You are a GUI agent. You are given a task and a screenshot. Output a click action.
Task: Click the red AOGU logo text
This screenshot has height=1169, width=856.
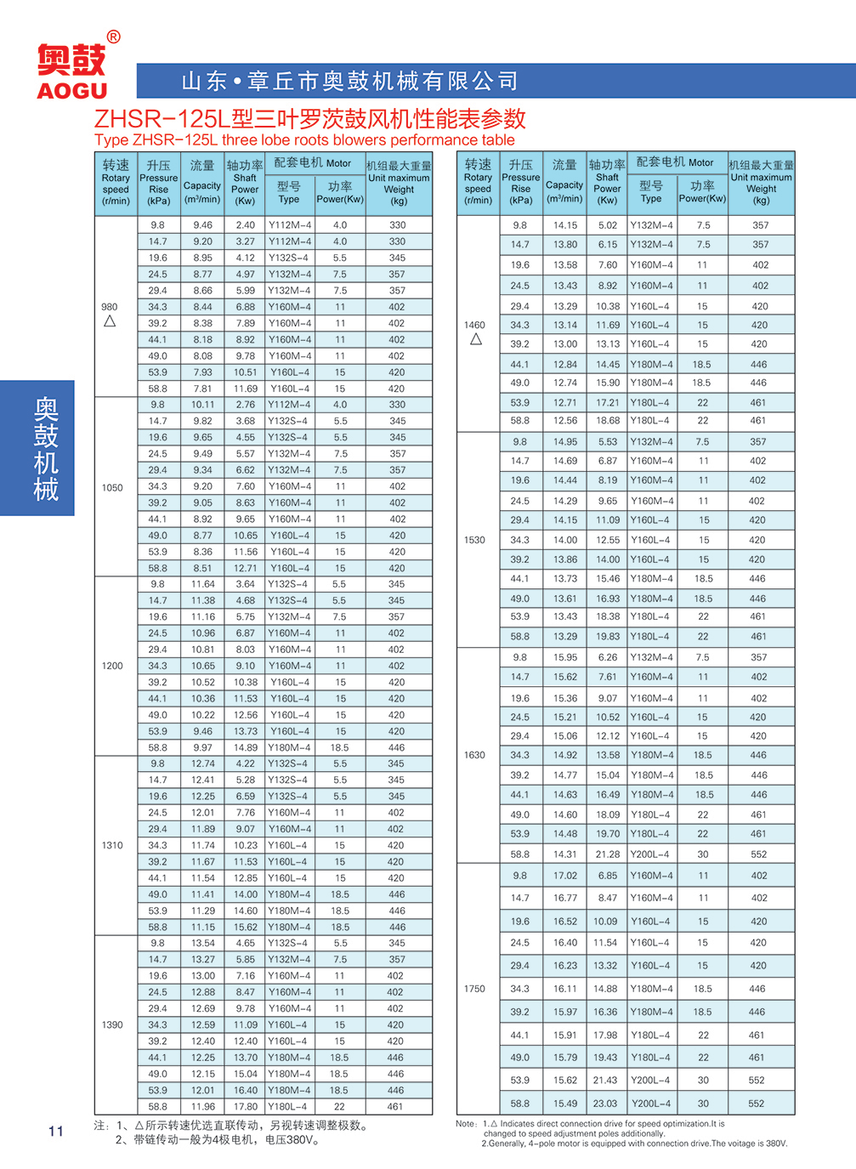[x=72, y=90]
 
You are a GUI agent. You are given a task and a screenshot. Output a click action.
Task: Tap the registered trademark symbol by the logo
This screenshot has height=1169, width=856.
[x=114, y=37]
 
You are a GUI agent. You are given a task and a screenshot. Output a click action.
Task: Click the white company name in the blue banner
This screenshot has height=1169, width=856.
[x=349, y=81]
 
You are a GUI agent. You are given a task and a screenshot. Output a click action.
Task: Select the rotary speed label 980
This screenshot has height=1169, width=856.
[x=110, y=307]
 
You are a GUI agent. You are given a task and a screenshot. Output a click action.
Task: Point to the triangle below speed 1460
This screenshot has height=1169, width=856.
[x=476, y=339]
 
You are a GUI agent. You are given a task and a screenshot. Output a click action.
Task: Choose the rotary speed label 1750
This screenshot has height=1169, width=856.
[x=474, y=989]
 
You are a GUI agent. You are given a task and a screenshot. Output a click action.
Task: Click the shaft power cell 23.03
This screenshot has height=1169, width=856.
[x=605, y=1104]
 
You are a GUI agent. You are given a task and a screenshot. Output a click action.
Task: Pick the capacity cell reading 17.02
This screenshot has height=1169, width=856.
[x=564, y=876]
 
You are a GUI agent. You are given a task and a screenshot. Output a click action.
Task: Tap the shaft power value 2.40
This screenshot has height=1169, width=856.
[x=246, y=225]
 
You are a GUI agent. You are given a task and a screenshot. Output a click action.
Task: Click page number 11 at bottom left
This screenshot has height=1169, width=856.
[x=56, y=1131]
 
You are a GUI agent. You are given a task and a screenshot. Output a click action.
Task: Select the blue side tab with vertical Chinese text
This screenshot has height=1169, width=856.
[x=38, y=448]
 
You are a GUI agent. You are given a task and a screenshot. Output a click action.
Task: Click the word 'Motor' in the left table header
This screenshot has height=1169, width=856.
[x=338, y=163]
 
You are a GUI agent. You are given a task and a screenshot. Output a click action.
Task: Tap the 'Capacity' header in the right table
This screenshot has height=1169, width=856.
[x=564, y=184]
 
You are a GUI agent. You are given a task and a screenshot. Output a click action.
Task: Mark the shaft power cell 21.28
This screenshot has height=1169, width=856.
[x=607, y=854]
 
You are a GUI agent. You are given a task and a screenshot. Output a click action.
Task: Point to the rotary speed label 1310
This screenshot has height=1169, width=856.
[x=112, y=845]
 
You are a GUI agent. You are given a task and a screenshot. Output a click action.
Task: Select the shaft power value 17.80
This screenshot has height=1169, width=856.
[x=246, y=1107]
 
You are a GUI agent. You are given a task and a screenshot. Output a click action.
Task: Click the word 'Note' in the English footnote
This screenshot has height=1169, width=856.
[x=466, y=1124]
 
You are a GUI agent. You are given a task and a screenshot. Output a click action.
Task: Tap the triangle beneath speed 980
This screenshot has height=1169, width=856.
[x=110, y=321]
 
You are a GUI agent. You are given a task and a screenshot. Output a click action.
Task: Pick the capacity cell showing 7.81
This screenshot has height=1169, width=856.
[x=202, y=389]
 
